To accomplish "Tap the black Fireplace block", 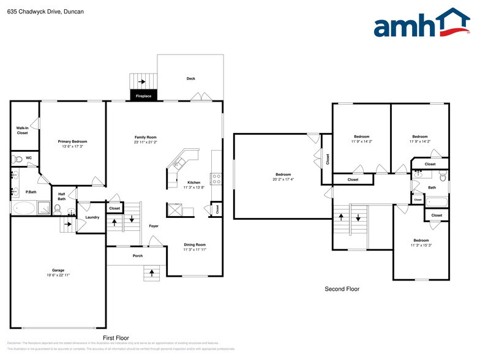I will [x=143, y=95].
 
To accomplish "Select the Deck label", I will [x=191, y=78].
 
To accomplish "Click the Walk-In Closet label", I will [x=22, y=130].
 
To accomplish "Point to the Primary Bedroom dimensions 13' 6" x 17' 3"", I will [x=72, y=146].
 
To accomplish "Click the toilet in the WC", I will [x=18, y=159].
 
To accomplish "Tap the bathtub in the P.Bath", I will [x=24, y=208].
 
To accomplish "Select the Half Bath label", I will [x=62, y=197].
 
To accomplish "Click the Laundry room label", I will [x=92, y=217].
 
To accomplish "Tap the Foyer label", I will [x=154, y=226].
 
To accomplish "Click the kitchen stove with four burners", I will [x=216, y=179].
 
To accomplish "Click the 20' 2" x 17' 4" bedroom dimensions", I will [x=283, y=179].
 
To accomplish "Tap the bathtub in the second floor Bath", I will [x=437, y=201].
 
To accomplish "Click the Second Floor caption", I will [x=342, y=289].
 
